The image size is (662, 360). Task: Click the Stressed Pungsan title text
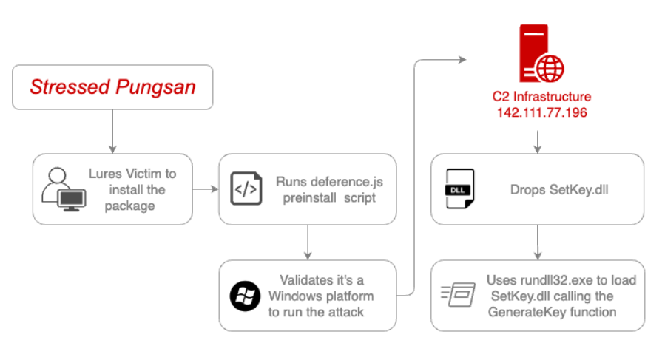pyautogui.click(x=112, y=87)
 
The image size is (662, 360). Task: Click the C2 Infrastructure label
pyautogui.click(x=537, y=97)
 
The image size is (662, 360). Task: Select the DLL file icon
pyautogui.click(x=460, y=189)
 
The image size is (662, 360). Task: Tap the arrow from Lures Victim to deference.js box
pyautogui.click(x=206, y=189)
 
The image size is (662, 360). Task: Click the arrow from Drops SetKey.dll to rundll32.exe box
pyautogui.click(x=537, y=241)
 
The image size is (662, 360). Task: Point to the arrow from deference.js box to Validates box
pyautogui.click(x=308, y=242)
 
